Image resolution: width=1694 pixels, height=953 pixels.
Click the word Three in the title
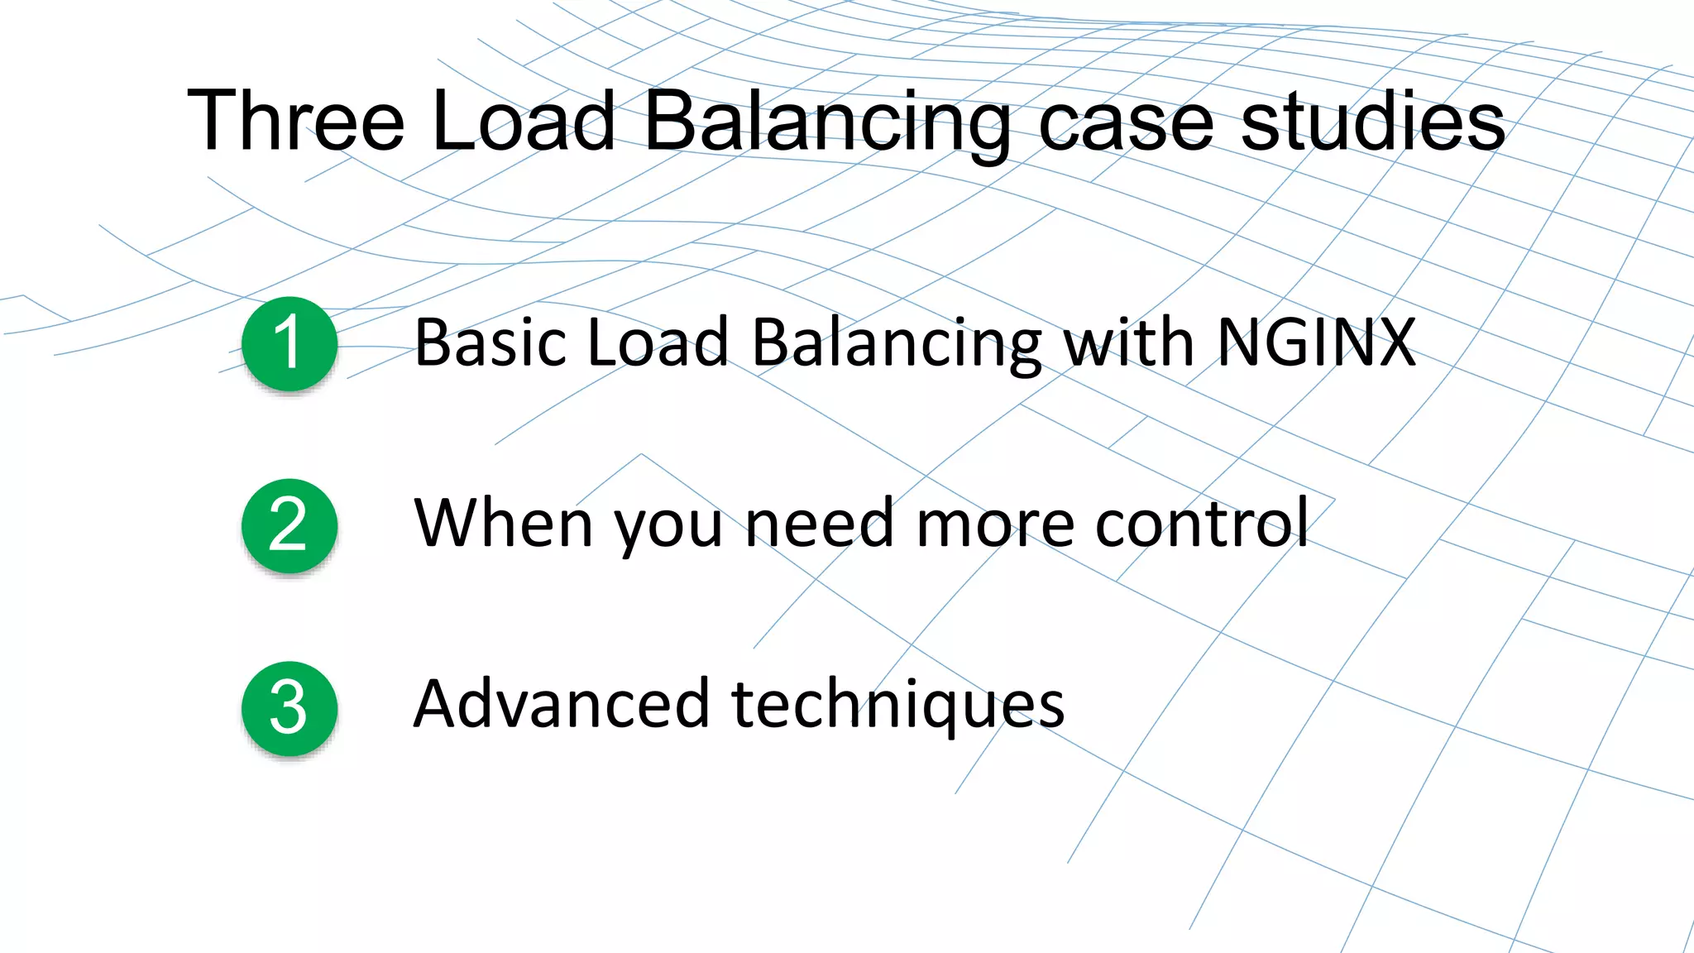295,121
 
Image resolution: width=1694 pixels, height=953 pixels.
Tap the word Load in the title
523,121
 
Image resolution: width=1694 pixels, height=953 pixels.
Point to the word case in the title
1126,122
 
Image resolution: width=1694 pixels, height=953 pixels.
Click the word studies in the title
1373,121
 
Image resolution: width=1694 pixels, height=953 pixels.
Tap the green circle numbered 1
290,343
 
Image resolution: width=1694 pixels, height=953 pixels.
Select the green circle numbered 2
290,525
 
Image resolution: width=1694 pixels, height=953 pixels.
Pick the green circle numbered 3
290,708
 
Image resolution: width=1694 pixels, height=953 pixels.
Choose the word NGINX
1317,342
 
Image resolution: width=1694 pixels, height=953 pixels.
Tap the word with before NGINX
1128,342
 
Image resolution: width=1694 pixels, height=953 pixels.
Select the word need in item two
820,524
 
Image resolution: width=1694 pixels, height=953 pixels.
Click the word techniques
898,706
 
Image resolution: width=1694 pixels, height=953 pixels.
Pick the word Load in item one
658,342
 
